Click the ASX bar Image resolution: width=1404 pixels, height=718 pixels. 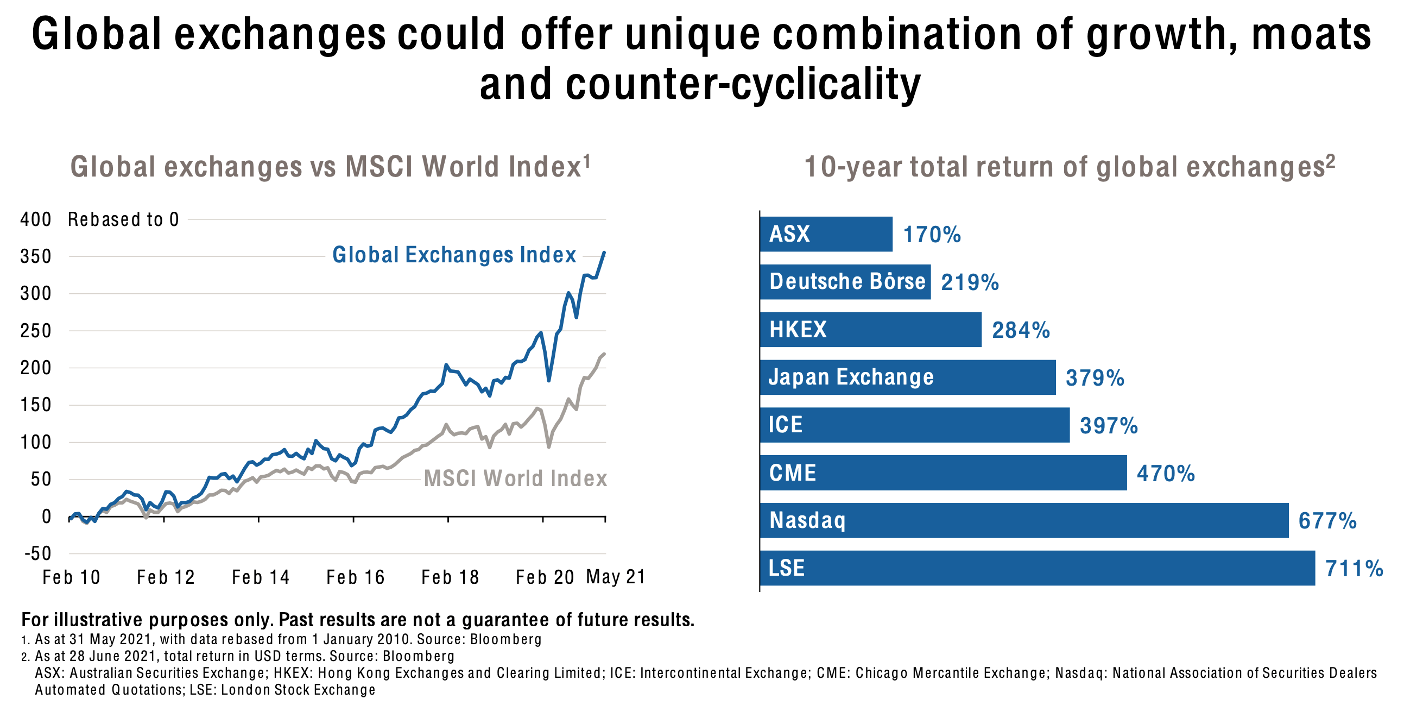point(826,234)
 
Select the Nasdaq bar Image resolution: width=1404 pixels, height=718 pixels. point(1023,520)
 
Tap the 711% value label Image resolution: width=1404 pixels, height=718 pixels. point(1354,569)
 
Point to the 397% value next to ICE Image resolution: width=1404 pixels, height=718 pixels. point(1109,425)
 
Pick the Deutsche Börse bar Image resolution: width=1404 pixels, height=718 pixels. point(845,282)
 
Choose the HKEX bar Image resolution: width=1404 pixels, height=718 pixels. point(870,329)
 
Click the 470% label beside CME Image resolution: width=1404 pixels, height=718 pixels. point(1165,473)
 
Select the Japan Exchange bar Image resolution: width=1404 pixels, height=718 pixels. point(907,377)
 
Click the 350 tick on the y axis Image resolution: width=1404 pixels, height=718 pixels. point(35,256)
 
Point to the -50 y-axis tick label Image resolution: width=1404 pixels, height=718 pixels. point(37,553)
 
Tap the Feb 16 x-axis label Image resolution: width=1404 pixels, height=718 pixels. point(355,577)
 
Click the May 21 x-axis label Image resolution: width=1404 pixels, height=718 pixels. point(615,576)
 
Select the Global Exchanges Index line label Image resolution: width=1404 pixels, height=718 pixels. point(454,255)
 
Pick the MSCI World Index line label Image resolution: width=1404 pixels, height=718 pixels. point(515,478)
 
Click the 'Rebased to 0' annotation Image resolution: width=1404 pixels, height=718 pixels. point(123,219)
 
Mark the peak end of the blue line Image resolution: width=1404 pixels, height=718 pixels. point(604,253)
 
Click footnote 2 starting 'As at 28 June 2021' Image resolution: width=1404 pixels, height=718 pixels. point(244,656)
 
